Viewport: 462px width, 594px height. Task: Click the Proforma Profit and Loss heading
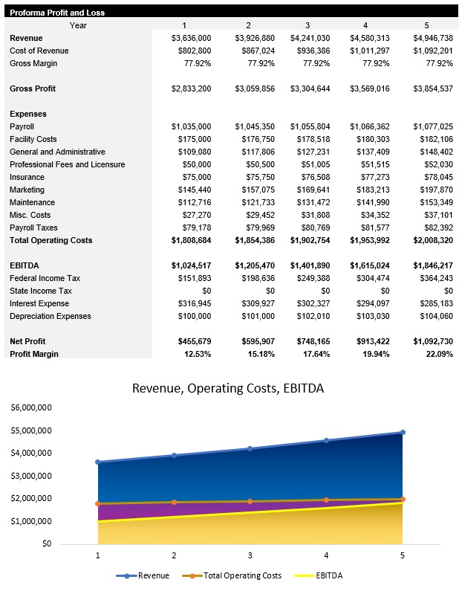[x=57, y=13]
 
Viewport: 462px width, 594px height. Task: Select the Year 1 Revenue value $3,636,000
[x=191, y=38]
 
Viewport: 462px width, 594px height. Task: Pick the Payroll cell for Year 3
[x=310, y=126]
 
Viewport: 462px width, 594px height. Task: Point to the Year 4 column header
[x=365, y=25]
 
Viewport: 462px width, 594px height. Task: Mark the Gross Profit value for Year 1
[x=191, y=88]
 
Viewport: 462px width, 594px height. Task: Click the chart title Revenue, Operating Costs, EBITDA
[x=227, y=388]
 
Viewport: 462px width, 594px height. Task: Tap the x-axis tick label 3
[x=250, y=555]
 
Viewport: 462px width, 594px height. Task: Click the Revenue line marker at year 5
[x=402, y=432]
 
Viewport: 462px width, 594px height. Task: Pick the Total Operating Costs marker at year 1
[x=98, y=503]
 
